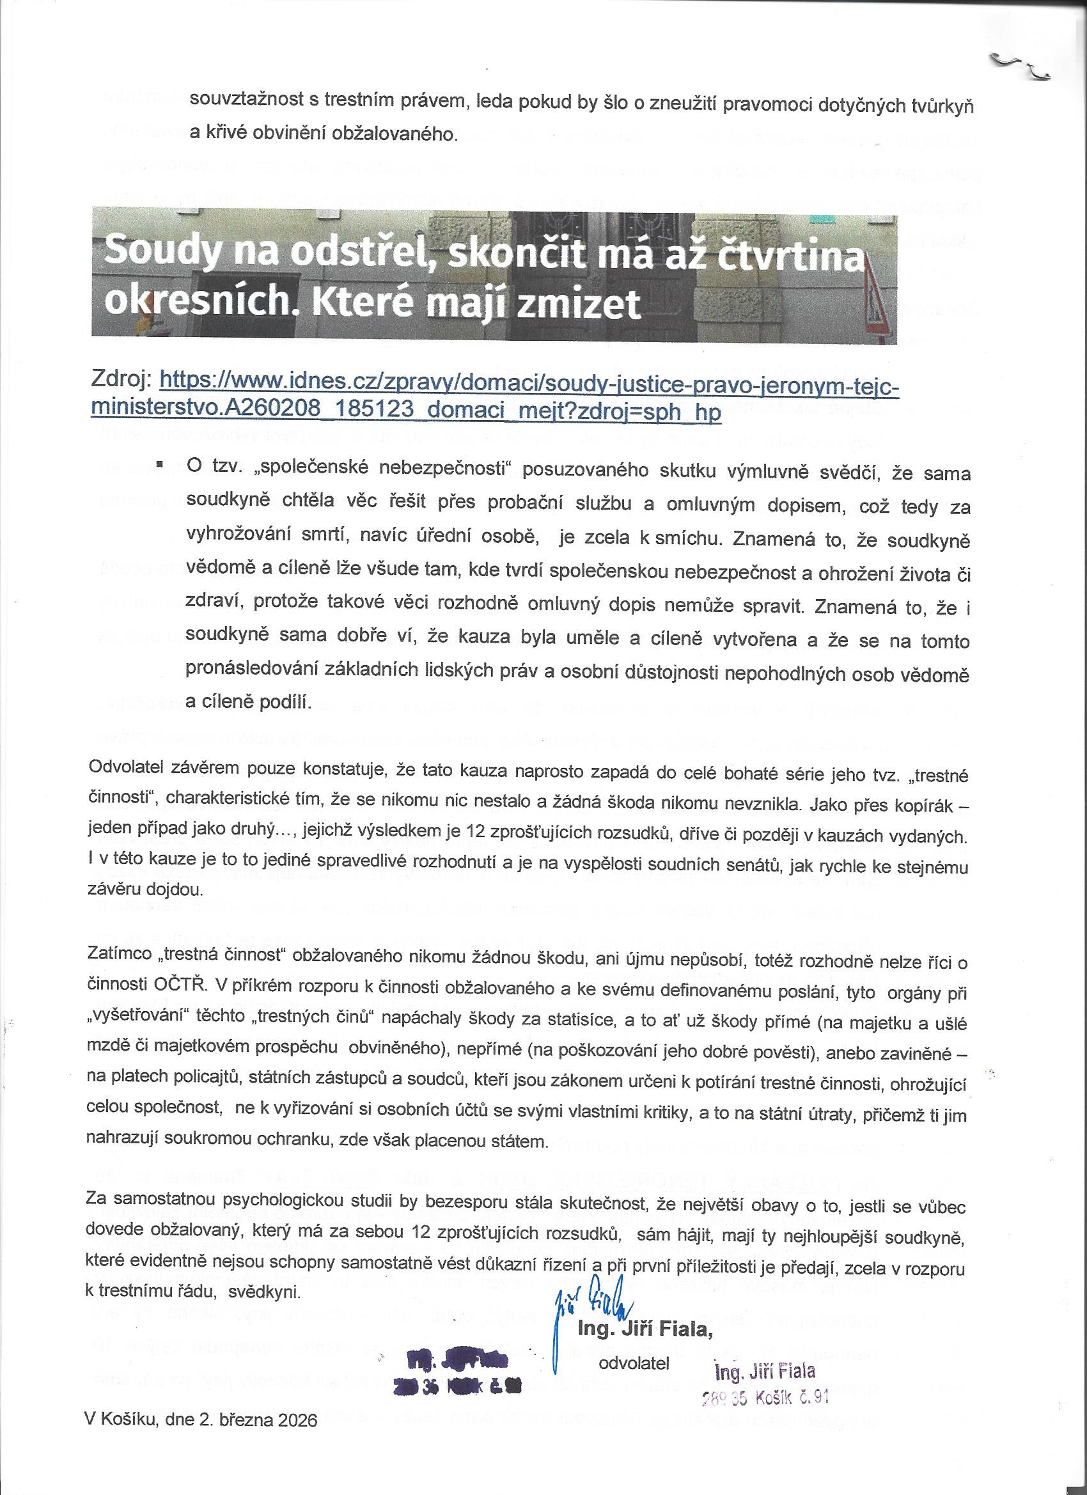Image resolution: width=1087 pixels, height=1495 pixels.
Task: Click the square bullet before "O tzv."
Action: click(x=159, y=464)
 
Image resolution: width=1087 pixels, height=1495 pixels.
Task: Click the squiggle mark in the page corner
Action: click(x=1021, y=66)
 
